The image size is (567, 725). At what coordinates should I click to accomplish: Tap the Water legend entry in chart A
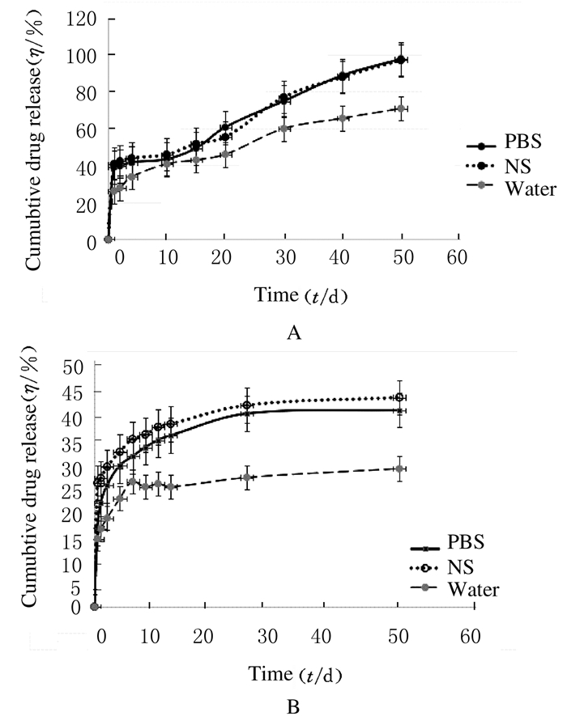coord(527,190)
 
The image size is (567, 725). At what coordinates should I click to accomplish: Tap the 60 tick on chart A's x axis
coord(458,258)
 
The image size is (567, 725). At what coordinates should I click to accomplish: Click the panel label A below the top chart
coord(293,333)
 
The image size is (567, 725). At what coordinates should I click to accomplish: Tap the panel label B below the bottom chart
coord(293,707)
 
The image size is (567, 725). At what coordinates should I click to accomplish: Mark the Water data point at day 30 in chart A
coord(283,129)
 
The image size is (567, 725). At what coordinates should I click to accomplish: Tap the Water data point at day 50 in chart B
coord(399,468)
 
